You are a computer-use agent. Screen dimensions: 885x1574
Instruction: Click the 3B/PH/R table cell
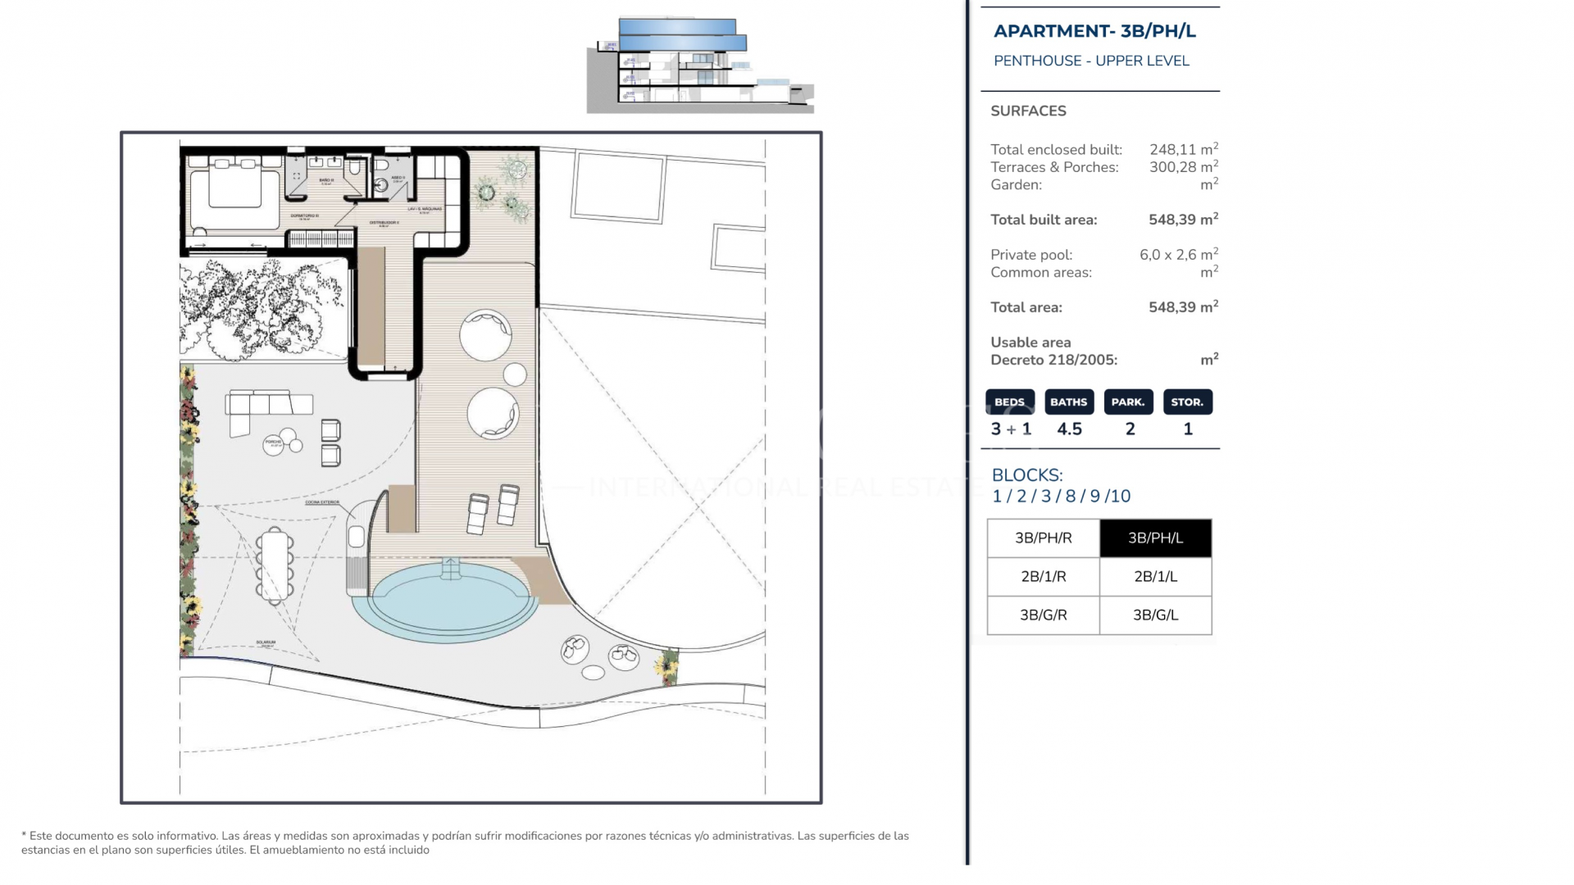(1043, 538)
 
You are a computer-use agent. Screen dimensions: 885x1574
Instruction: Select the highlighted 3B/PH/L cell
(1155, 538)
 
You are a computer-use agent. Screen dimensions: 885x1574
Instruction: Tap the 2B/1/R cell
(1043, 577)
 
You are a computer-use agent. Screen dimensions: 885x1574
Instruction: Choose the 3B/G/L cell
(1155, 615)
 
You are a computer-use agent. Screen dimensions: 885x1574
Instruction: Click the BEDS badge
(1009, 402)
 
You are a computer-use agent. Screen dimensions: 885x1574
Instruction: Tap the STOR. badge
(1187, 402)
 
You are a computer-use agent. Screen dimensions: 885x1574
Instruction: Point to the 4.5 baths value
(1069, 429)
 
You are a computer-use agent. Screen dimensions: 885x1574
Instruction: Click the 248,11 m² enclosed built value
(1183, 149)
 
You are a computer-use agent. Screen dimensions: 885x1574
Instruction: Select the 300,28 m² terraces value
(1183, 167)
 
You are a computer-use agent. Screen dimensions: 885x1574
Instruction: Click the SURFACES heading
(1028, 111)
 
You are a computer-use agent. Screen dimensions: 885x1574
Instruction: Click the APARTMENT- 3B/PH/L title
(1094, 31)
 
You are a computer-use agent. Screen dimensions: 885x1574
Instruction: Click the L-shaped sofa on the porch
(262, 406)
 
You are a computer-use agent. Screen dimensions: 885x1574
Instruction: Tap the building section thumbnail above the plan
(700, 66)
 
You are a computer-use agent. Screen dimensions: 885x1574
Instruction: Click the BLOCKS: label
(1026, 475)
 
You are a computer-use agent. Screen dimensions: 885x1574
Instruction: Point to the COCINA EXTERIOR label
(321, 502)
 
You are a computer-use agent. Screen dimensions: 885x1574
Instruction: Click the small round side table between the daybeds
(515, 374)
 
